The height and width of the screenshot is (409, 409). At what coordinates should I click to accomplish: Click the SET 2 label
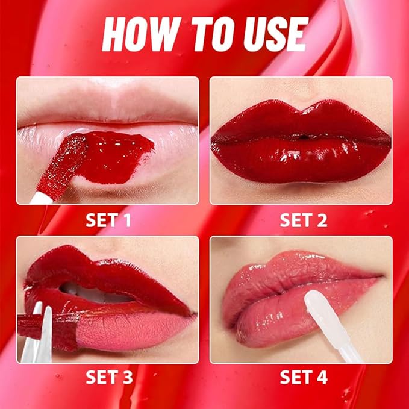click(303, 220)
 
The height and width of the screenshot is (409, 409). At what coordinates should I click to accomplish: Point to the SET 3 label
click(110, 378)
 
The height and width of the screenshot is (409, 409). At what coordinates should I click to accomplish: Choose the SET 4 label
click(304, 378)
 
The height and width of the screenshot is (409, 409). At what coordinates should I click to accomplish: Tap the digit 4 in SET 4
click(322, 378)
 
